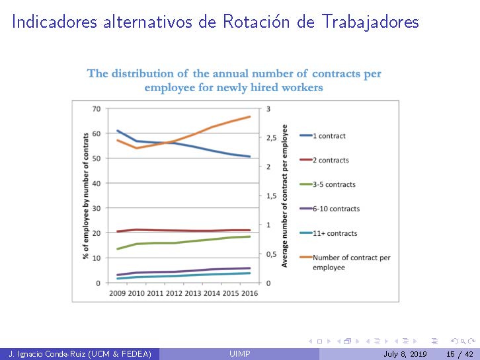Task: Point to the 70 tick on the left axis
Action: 97,109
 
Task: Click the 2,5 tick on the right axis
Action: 272,138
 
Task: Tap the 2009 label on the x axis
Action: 118,293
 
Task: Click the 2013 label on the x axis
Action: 192,293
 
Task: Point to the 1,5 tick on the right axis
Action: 272,196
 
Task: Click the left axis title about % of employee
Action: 85,196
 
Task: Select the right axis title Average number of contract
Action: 285,196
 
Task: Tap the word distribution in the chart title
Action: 148,73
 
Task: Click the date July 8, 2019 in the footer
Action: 405,355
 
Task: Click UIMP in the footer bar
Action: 239,355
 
